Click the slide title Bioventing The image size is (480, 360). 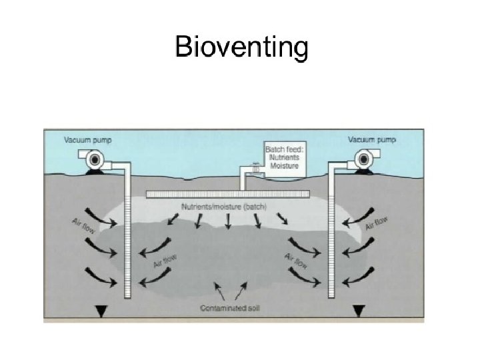[241, 48]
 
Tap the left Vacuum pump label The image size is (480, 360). [87, 140]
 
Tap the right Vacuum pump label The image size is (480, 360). [372, 139]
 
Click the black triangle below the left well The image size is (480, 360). [101, 311]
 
